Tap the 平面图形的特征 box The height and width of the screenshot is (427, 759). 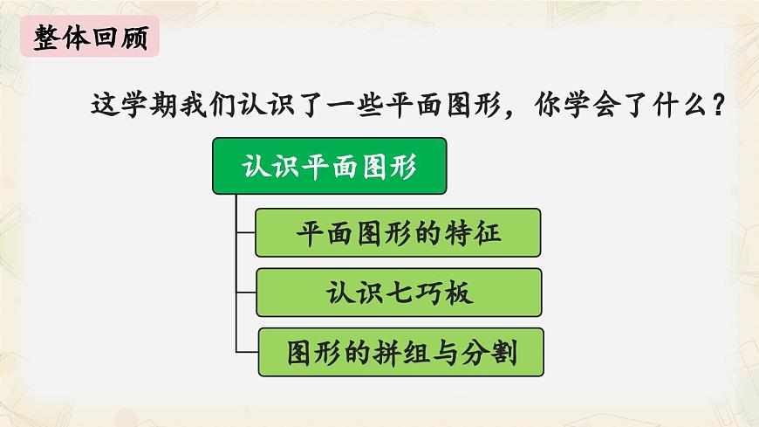[x=398, y=232]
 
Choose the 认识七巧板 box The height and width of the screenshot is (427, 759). [x=399, y=292]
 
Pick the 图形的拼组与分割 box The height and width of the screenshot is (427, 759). [x=400, y=352]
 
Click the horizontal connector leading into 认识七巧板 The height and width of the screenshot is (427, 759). [x=246, y=292]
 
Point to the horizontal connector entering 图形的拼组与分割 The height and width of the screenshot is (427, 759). [x=247, y=352]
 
